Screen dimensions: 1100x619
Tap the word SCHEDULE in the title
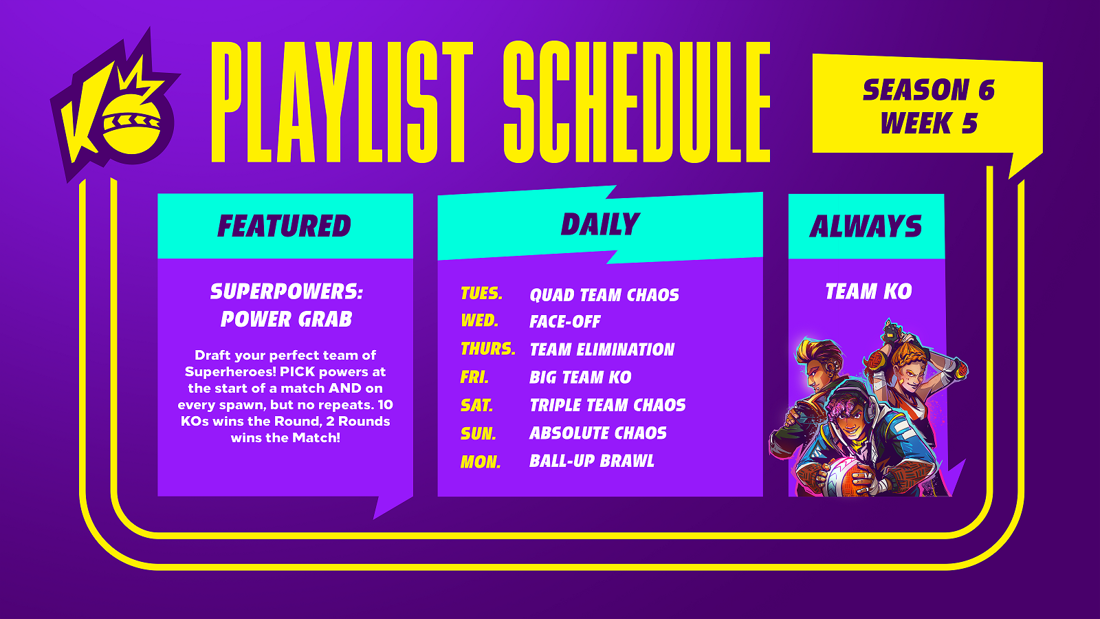click(637, 102)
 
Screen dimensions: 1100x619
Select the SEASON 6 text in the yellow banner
click(928, 90)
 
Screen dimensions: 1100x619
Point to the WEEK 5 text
click(929, 123)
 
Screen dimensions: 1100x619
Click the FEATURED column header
click(285, 226)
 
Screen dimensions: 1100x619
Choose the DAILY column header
click(600, 224)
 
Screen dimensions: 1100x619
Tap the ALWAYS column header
click(866, 226)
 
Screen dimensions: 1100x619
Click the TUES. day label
click(481, 294)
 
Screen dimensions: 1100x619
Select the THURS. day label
click(487, 349)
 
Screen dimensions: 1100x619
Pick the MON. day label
click(481, 461)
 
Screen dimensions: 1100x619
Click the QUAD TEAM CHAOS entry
click(604, 295)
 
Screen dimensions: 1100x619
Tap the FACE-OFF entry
click(564, 322)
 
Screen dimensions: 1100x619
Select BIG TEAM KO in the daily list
click(580, 378)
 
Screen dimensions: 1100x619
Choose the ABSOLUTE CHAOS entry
click(597, 433)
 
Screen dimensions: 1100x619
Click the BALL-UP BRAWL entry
click(592, 461)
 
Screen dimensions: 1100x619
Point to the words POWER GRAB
click(286, 319)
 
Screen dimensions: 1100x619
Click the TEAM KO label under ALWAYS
click(868, 292)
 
